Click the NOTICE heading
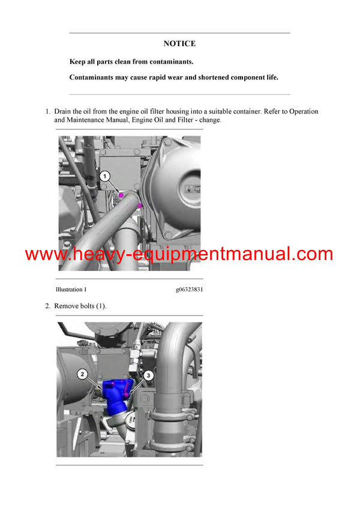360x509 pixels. pos(179,44)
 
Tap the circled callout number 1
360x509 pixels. pos(104,176)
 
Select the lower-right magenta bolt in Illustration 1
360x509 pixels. pos(139,206)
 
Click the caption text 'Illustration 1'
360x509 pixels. pos(71,289)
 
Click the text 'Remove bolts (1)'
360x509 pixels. pos(80,306)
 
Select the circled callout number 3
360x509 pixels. pos(149,375)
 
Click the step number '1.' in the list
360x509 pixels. pos(48,112)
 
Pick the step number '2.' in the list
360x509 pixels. pos(48,306)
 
